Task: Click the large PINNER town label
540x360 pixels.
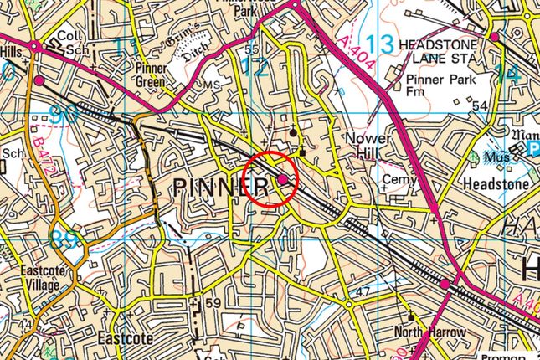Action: click(x=222, y=188)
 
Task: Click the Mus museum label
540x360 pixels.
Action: click(x=500, y=157)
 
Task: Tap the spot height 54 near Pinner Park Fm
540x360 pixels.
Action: click(x=479, y=105)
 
